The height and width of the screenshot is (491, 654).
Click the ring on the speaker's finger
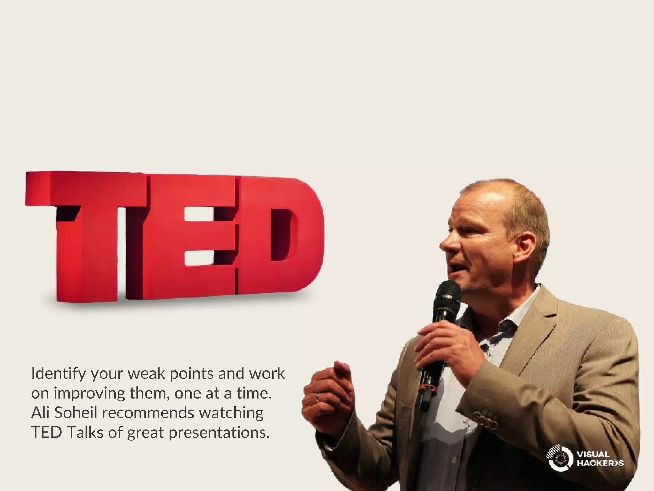(317, 397)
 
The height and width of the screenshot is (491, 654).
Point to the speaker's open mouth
(453, 268)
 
